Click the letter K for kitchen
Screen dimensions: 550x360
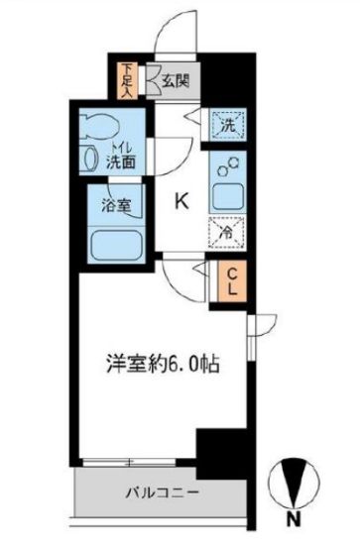(181, 200)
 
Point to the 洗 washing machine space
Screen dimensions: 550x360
(228, 126)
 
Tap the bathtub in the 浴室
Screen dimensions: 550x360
(114, 245)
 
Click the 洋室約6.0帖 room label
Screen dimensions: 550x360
(164, 363)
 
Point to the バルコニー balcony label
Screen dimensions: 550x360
(161, 493)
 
